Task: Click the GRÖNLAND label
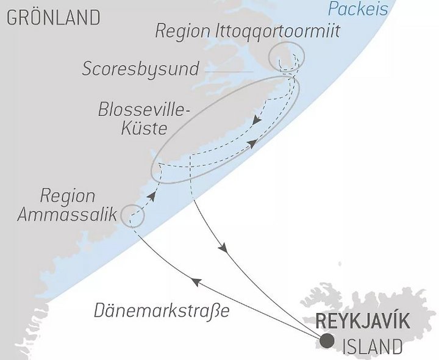(53, 18)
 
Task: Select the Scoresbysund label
(141, 69)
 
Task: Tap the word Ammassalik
(68, 215)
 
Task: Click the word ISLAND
(373, 348)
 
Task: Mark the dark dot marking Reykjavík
(327, 340)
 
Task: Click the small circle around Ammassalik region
(133, 215)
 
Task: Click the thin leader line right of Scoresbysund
(229, 71)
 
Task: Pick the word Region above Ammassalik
(68, 196)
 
